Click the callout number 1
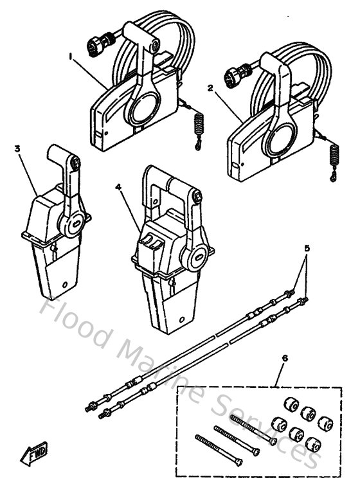coord(71,56)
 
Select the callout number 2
coord(211,91)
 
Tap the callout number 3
coord(17,148)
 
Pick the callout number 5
coord(307,247)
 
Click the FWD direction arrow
coord(32,457)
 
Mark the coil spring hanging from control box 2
coord(334,157)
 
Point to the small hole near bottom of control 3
coord(64,283)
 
